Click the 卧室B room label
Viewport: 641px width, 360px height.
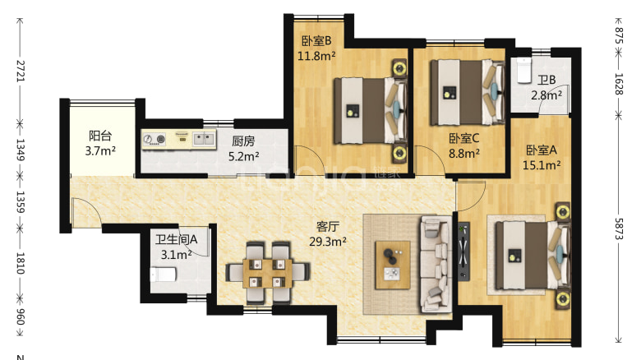tap(316, 41)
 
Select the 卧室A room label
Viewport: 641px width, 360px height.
tap(542, 150)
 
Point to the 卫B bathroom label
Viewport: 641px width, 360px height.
tap(546, 81)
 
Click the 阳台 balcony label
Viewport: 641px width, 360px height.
tap(101, 137)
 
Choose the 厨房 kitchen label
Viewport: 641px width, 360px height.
tap(244, 141)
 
